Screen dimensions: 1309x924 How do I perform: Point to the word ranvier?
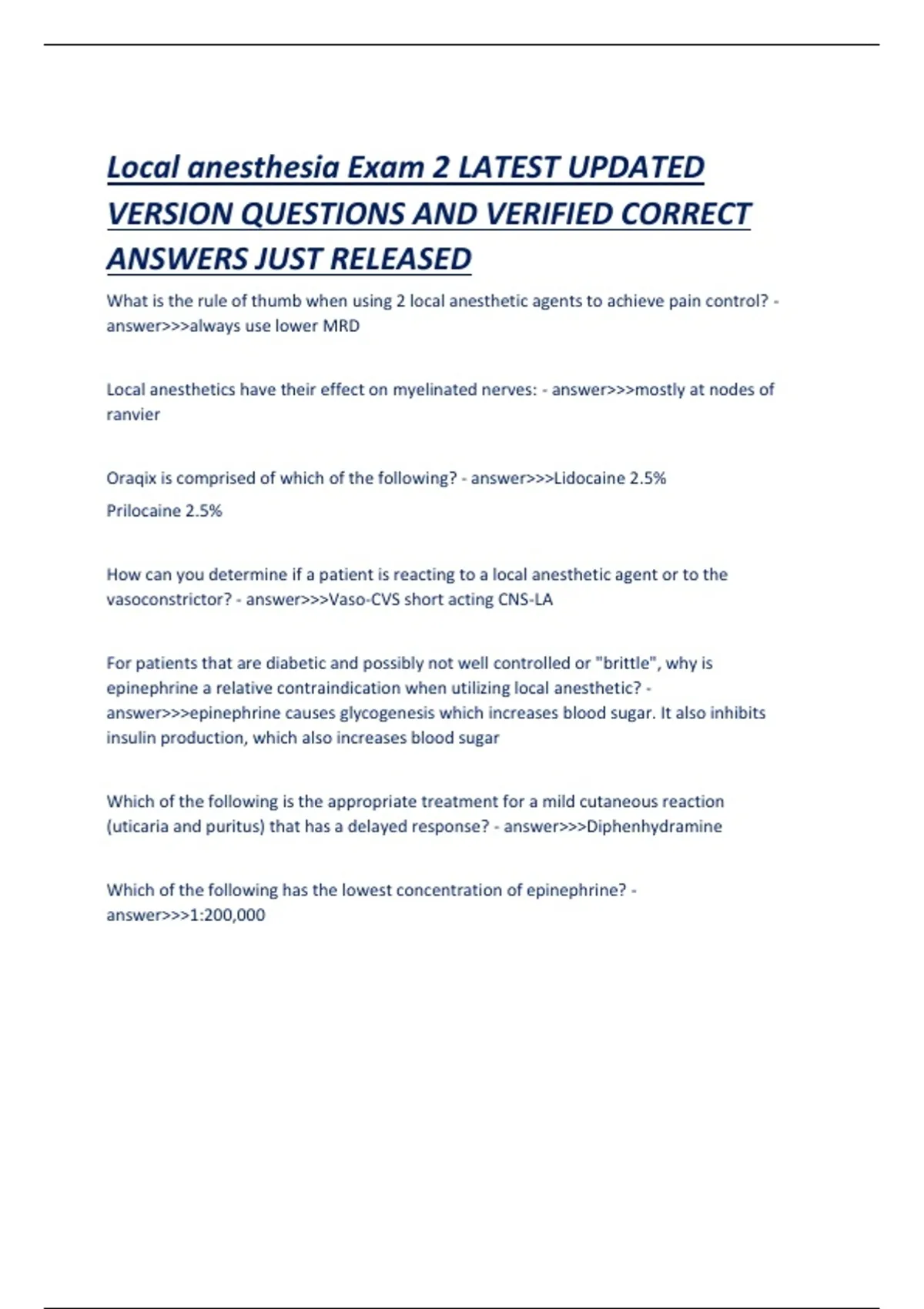133,414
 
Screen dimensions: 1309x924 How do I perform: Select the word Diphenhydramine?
654,826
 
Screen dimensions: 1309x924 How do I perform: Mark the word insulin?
128,738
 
